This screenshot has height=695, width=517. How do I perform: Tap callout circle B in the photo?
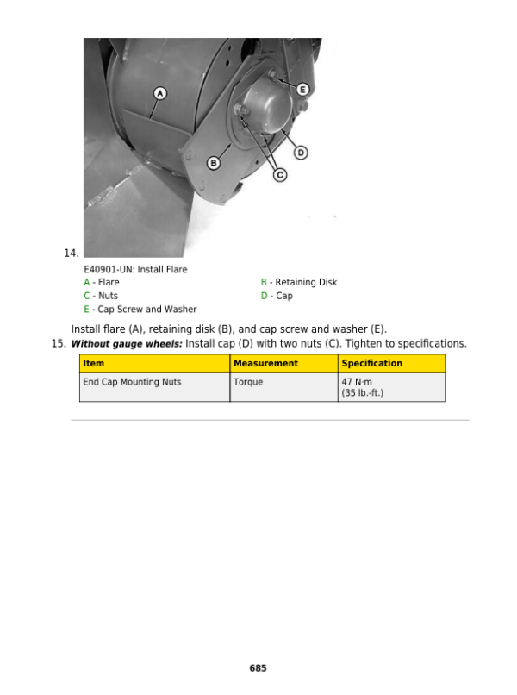(x=215, y=163)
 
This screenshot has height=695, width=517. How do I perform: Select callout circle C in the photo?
(x=280, y=175)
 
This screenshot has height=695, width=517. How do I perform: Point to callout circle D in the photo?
(x=301, y=153)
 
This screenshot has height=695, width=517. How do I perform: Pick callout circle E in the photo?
(x=302, y=89)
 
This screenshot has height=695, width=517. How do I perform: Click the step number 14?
(x=72, y=253)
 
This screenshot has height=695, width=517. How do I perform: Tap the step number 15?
(x=59, y=344)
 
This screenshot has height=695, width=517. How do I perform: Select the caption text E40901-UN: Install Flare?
(x=134, y=269)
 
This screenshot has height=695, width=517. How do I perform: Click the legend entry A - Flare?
(x=102, y=282)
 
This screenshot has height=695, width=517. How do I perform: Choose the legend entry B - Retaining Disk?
(x=299, y=282)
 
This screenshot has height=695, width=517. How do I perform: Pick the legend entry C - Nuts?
(x=101, y=296)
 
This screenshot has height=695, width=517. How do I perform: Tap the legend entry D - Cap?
(x=277, y=296)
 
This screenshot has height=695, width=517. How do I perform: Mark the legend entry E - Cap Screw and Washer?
(x=140, y=309)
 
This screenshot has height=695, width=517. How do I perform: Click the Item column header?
(x=94, y=363)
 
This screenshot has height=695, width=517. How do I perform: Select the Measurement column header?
(x=265, y=363)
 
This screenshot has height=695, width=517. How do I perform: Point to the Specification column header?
(x=371, y=363)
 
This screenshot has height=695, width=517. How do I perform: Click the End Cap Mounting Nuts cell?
(x=132, y=381)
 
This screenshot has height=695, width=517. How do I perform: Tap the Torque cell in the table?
(x=248, y=381)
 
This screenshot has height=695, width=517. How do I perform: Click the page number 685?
(x=258, y=668)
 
